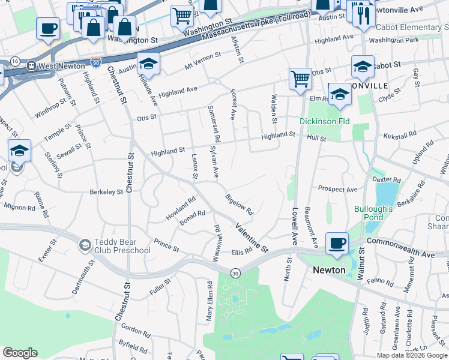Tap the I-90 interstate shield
96,62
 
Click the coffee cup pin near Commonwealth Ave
337,244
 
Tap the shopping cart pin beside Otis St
300,79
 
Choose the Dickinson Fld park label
324,121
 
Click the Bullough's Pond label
373,213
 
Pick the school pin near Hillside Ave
148,64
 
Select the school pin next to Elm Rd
339,94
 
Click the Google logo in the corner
20,353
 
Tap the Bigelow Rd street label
240,205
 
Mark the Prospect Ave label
337,190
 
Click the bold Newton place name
329,270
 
